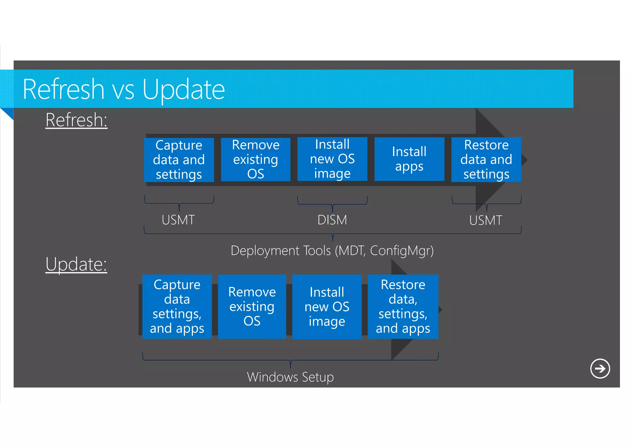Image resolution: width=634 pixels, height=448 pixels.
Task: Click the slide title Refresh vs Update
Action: (124, 89)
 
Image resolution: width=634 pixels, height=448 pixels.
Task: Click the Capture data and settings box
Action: (179, 160)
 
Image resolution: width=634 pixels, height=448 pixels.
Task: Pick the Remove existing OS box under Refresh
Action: (256, 159)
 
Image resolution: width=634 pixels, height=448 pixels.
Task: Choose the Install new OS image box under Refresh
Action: (332, 159)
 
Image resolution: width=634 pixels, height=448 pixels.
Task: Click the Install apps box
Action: (409, 159)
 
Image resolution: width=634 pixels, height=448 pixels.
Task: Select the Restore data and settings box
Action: (486, 160)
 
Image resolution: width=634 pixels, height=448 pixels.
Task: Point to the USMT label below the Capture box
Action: (178, 220)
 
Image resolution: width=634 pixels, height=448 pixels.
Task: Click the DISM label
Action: (332, 220)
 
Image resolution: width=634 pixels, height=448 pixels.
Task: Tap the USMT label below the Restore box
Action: (486, 220)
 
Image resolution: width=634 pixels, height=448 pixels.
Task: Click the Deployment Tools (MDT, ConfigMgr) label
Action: (332, 250)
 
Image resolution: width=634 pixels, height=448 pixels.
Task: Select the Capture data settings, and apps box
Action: (177, 307)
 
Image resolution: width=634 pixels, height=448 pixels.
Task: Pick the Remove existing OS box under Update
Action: (252, 307)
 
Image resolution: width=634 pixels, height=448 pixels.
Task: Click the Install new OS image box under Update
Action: (327, 307)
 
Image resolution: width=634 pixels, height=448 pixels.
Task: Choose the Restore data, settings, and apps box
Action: (403, 307)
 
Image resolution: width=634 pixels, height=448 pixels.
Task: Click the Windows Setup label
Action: (290, 377)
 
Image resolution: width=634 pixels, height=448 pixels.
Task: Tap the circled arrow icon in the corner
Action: (600, 368)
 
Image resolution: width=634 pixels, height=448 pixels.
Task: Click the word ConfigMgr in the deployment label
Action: (402, 250)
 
